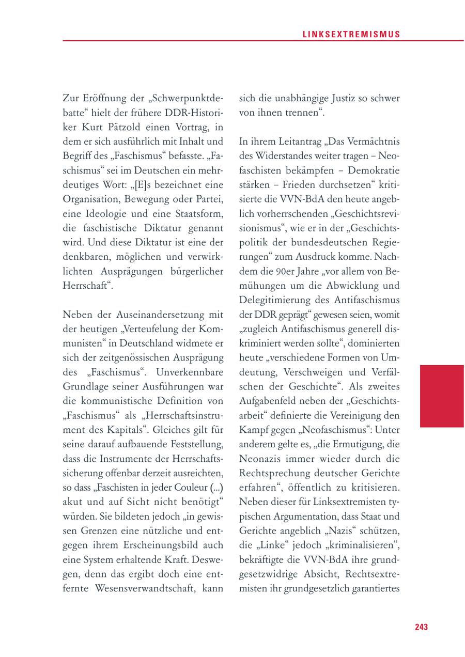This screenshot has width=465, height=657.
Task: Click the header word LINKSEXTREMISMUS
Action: (x=351, y=35)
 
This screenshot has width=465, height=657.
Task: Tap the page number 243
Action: (x=421, y=627)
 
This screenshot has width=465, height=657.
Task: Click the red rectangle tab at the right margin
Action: (x=442, y=396)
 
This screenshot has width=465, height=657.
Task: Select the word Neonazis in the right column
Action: (x=262, y=458)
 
